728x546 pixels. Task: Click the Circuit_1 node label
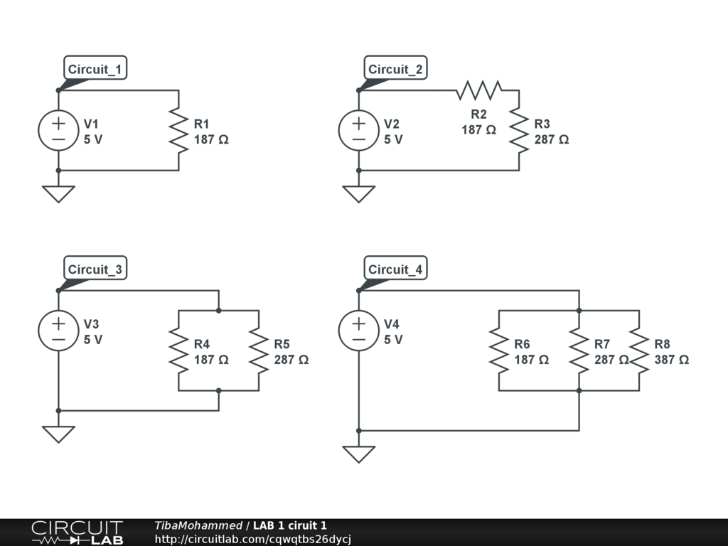point(95,70)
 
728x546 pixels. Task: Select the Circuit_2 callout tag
point(395,70)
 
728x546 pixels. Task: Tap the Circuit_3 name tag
point(95,270)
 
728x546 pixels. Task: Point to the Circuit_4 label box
point(395,270)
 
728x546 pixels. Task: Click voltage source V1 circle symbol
point(58,131)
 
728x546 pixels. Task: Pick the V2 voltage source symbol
point(359,131)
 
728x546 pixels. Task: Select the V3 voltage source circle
point(58,331)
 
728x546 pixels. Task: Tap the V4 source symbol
point(359,331)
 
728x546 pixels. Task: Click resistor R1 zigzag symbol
point(178,131)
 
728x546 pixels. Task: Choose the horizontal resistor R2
point(479,90)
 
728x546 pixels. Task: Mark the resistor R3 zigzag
point(519,131)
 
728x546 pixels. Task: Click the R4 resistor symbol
point(178,351)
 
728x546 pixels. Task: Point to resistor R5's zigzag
point(259,351)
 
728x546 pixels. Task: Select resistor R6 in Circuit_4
point(499,351)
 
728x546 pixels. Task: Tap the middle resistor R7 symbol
point(579,351)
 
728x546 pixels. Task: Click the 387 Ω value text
point(671,360)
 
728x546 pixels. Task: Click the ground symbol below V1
point(58,193)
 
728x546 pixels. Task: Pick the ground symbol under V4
point(359,454)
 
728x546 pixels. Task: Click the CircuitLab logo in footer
point(77,532)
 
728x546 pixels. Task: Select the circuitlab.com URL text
point(252,539)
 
